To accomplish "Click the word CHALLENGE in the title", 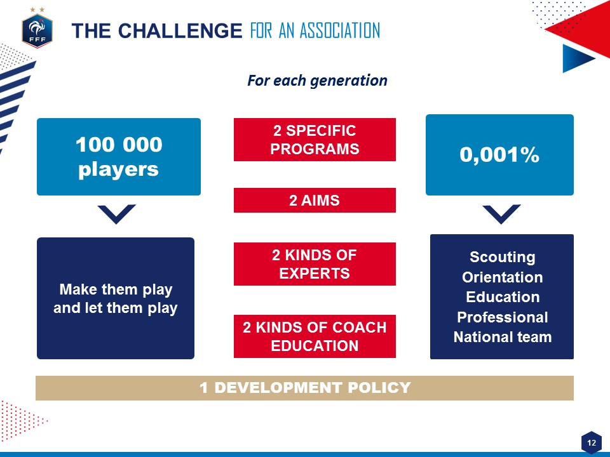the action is (180, 30).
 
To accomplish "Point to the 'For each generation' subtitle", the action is (317, 81).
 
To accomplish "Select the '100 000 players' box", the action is (119, 157).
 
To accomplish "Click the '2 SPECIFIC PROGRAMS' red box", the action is (315, 140).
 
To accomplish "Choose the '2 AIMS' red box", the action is (315, 200).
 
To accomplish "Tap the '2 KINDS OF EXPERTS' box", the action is (315, 264).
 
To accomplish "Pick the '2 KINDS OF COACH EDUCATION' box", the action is (315, 336).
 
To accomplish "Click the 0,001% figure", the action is (499, 155).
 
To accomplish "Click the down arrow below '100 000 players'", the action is (117, 214).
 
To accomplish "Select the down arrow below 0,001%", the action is (501, 214).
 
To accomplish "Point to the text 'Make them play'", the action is (116, 289).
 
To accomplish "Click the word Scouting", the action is (502, 257).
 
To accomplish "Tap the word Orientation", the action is (502, 277).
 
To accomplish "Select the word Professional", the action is (502, 317).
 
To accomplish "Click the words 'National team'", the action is (502, 337).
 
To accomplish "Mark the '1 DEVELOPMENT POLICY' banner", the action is (304, 388).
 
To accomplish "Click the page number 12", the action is (592, 442).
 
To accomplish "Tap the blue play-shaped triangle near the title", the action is (576, 58).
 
